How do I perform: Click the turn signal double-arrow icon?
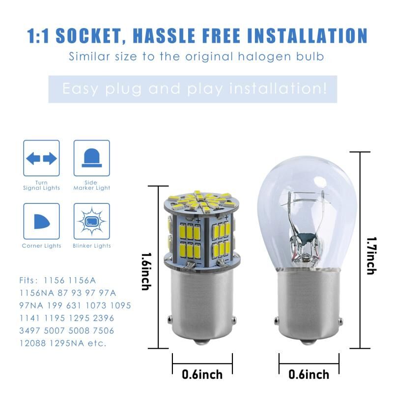[41, 158]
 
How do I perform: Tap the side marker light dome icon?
[92, 158]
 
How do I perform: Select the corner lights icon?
[42, 222]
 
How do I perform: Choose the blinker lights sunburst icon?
[92, 222]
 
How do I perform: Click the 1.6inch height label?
[146, 272]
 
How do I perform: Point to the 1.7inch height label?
[371, 255]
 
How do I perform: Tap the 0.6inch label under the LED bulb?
[202, 374]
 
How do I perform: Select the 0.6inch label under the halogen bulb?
[309, 374]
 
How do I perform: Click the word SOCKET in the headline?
[90, 35]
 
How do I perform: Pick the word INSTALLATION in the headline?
[308, 35]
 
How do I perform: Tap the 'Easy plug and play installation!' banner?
[193, 89]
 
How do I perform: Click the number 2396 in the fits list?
[104, 318]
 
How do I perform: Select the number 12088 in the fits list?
[32, 343]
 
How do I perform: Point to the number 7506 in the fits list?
[104, 331]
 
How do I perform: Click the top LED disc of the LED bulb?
[202, 202]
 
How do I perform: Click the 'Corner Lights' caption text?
[42, 246]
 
